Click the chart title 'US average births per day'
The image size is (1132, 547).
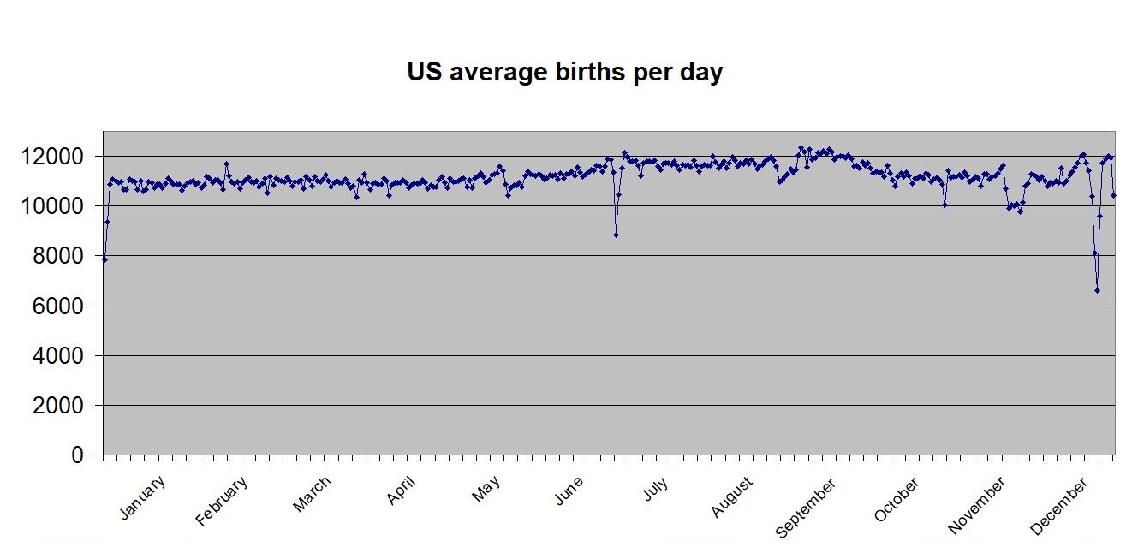tap(564, 72)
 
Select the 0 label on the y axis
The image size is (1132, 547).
tap(79, 455)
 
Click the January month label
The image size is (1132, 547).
tap(143, 497)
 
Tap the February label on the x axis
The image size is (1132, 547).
tap(222, 501)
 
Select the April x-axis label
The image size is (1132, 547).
tap(402, 491)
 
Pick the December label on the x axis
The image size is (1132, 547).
tap(1058, 507)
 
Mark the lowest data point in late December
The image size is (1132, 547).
tap(1097, 291)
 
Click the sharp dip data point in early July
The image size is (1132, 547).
tap(616, 235)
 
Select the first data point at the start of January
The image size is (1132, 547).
tap(104, 259)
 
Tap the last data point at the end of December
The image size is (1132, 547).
tap(1113, 195)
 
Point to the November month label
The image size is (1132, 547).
tap(977, 507)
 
